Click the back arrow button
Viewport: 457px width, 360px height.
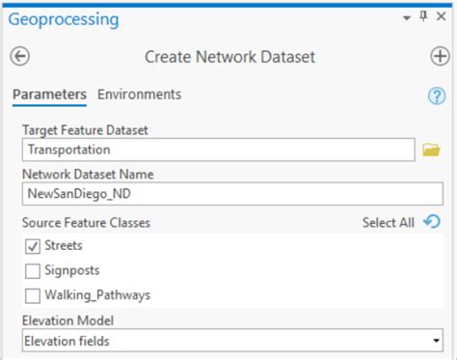(19, 57)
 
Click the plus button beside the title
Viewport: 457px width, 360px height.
(439, 57)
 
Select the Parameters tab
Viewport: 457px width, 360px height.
(49, 95)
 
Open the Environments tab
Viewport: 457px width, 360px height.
(139, 95)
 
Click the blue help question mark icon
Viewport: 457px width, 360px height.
(436, 96)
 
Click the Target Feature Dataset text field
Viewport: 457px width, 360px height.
(218, 150)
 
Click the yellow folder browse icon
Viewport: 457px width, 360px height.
(431, 150)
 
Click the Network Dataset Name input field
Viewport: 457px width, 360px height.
(231, 193)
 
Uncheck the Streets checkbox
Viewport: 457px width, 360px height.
(33, 246)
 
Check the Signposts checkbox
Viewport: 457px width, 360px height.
(33, 270)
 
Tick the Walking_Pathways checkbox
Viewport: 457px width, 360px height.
(33, 295)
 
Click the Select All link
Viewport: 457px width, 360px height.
(388, 223)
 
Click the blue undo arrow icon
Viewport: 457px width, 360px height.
(432, 222)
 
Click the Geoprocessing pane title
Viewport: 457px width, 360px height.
(64, 19)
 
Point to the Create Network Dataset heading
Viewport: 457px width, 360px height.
(229, 57)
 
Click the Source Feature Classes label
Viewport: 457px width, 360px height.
(86, 223)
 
